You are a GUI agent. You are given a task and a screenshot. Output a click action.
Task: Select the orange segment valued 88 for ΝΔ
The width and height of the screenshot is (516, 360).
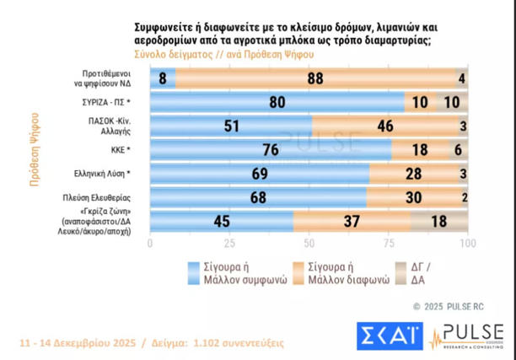315,78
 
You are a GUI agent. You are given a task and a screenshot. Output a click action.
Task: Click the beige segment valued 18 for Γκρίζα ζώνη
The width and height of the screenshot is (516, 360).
438,221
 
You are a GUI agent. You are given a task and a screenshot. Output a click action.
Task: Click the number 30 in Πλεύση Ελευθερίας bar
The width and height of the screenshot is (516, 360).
413,197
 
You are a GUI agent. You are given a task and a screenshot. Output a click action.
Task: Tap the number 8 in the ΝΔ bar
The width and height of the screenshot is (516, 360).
162,78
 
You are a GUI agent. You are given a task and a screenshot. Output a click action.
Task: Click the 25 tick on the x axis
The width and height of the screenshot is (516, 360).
229,244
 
